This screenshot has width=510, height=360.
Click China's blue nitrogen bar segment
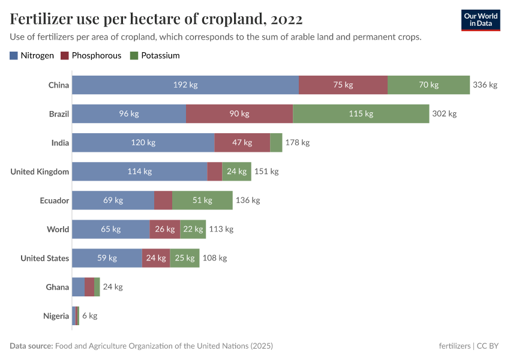(x=185, y=85)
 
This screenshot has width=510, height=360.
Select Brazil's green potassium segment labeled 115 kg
(x=361, y=114)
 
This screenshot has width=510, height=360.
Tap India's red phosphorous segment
(x=242, y=143)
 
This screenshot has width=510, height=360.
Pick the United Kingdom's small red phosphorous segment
(x=215, y=172)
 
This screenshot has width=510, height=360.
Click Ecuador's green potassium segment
(x=202, y=200)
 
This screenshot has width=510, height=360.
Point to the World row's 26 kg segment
(x=165, y=229)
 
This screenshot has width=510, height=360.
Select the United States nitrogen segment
(x=107, y=258)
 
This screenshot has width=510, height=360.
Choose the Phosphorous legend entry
(x=91, y=56)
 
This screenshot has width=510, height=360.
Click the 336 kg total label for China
(x=485, y=85)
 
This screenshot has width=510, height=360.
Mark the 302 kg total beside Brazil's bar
(x=445, y=114)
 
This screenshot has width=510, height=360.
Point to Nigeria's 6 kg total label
(x=89, y=316)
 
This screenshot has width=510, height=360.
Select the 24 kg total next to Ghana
(x=113, y=287)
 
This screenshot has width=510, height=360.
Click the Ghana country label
(x=58, y=287)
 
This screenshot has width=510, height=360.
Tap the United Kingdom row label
(x=40, y=172)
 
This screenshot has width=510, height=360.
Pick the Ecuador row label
(x=55, y=200)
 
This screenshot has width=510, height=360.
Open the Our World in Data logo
(x=481, y=20)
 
